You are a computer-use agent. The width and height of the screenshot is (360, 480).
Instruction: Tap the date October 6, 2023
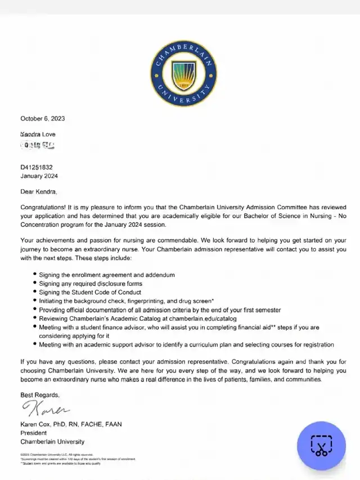pos(43,119)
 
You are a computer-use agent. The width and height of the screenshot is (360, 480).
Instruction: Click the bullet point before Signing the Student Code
pos(34,292)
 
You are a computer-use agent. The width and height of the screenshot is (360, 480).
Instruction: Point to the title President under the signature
pos(33,433)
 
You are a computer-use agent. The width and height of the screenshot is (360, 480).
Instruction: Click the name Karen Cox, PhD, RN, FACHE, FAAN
pos(71,424)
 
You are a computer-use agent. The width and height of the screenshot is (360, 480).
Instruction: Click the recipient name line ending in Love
pos(38,134)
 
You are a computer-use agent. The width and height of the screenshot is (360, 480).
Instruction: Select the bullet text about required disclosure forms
pos(91,284)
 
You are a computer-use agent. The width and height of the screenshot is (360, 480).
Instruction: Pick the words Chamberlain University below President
pos(52,442)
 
